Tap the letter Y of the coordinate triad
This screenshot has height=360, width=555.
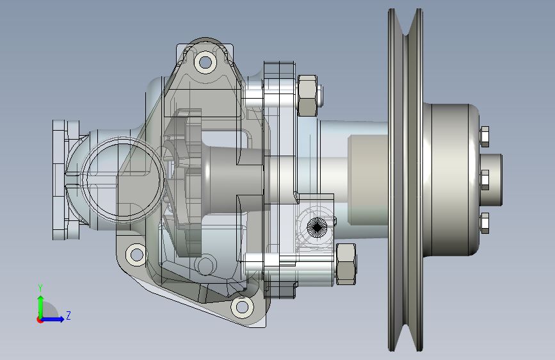[x=40, y=288]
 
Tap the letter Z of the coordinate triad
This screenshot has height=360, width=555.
[x=68, y=315]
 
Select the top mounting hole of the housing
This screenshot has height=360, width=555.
[x=205, y=63]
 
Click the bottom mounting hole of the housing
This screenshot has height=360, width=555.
[x=242, y=307]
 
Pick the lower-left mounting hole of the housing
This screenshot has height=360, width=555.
[x=136, y=254]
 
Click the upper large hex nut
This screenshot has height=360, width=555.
[x=307, y=95]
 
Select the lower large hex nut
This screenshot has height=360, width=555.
[x=346, y=264]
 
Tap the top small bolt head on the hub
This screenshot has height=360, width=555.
[x=485, y=136]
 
